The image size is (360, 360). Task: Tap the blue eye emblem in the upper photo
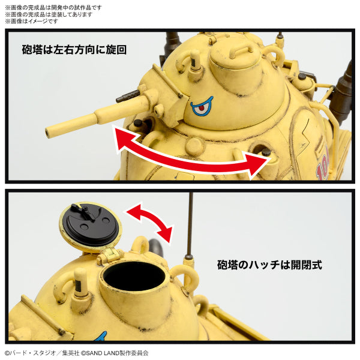(x=202, y=107)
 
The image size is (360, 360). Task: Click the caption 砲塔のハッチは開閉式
(x=269, y=265)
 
